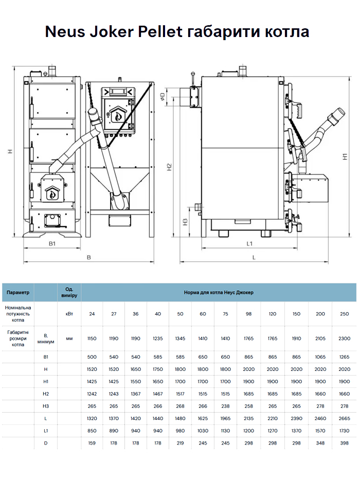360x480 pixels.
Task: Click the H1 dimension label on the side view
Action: point(346,156)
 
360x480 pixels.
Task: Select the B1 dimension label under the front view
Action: point(52,243)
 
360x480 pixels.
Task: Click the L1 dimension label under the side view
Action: point(249,243)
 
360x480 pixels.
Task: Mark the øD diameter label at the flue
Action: point(163,96)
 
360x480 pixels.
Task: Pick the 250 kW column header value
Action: point(345,314)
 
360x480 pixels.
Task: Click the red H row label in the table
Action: point(46,369)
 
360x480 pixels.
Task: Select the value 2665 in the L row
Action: point(345,418)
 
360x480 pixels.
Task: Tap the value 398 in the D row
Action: point(345,443)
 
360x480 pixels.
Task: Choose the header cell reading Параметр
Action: point(18,292)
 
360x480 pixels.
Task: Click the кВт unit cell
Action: point(69,314)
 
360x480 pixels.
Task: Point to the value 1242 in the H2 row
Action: point(92,394)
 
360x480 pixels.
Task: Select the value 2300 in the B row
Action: point(345,339)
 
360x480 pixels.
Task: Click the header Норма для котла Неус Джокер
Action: point(219,292)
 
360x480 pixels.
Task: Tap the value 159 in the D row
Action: point(92,443)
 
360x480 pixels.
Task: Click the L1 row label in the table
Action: point(46,431)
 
